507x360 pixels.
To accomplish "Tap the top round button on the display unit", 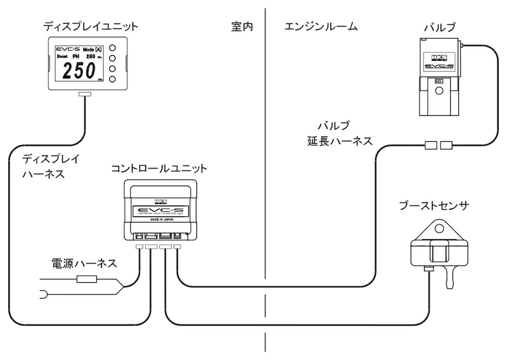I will tap(112, 47).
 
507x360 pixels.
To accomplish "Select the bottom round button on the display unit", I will tap(112, 79).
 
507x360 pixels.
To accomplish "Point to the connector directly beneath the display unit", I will tap(84, 95).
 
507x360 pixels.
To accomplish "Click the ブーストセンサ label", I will tap(434, 207).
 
